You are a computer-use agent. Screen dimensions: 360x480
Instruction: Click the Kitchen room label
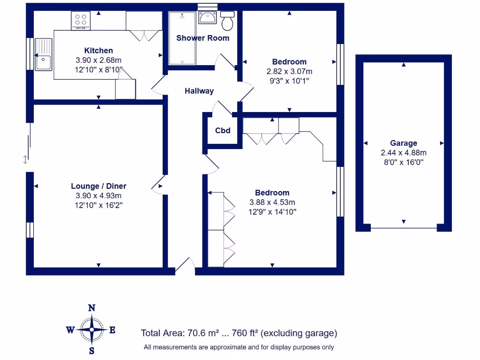click(98, 51)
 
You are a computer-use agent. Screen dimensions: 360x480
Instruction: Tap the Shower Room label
click(202, 38)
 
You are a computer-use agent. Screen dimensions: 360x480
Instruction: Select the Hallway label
click(199, 91)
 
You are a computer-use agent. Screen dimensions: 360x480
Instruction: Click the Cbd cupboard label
click(223, 130)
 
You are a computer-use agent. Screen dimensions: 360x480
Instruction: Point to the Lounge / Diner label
click(98, 186)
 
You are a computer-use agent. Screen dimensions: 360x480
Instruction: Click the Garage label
click(404, 143)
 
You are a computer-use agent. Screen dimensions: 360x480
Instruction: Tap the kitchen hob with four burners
click(81, 21)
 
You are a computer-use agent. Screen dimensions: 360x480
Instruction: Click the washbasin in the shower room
click(207, 17)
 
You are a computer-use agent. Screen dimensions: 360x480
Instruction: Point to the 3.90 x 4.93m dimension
click(98, 195)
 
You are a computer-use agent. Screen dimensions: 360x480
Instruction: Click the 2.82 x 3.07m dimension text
click(289, 71)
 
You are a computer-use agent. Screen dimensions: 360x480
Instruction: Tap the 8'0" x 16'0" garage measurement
click(404, 162)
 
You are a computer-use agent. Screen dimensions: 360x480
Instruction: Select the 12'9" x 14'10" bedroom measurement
click(272, 211)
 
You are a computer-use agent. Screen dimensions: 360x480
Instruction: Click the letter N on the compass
click(92, 308)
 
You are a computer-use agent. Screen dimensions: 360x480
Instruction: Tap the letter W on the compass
click(70, 330)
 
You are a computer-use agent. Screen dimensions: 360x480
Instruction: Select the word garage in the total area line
click(318, 333)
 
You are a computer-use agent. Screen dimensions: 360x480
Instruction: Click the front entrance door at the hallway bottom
click(185, 266)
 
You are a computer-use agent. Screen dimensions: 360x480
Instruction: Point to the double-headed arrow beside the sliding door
click(25, 159)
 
